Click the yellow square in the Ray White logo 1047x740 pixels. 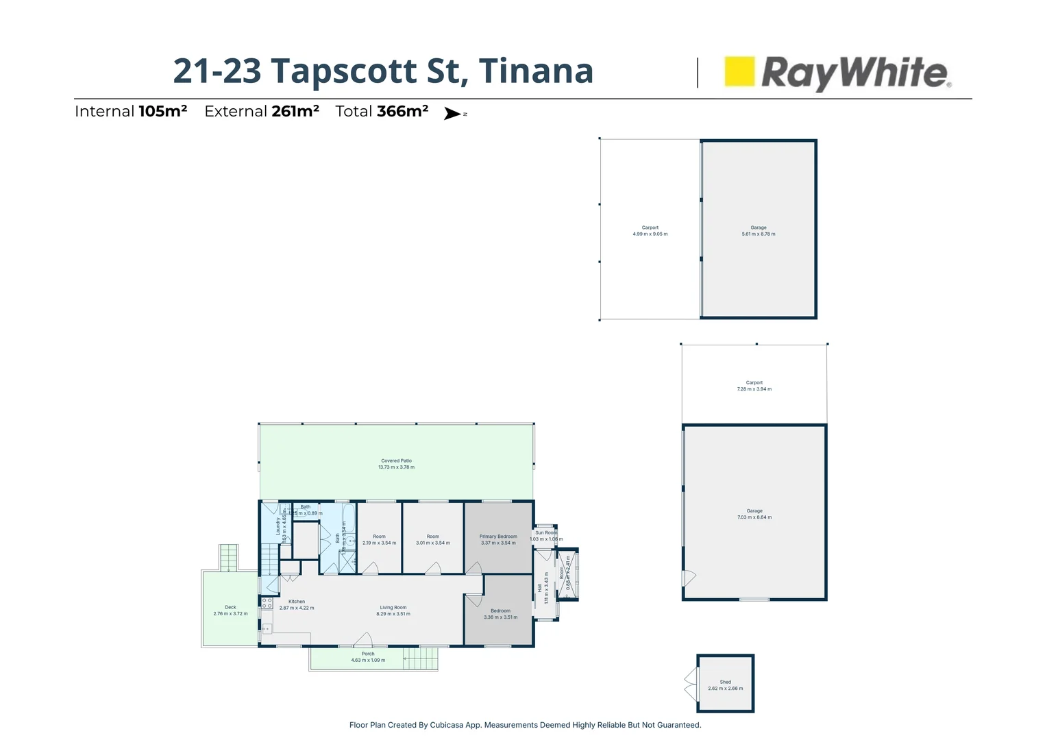click(x=739, y=71)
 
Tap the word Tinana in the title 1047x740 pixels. click(x=535, y=71)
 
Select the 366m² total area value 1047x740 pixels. click(x=402, y=112)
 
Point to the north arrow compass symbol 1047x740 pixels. click(x=454, y=114)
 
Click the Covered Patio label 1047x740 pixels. click(x=396, y=461)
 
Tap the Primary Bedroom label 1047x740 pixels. click(x=498, y=536)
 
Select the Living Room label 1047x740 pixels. click(x=393, y=608)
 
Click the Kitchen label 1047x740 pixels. click(x=297, y=602)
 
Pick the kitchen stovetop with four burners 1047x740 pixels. click(x=267, y=603)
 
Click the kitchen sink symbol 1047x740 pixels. click(x=267, y=628)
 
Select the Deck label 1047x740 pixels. click(x=230, y=607)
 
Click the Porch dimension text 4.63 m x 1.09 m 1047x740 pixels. click(x=368, y=661)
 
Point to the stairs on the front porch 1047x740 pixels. click(x=420, y=659)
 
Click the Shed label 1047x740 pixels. click(x=726, y=682)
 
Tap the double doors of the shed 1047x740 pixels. click(x=691, y=684)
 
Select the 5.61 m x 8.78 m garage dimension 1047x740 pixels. click(x=759, y=234)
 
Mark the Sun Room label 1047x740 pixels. click(x=546, y=532)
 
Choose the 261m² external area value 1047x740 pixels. click(x=295, y=112)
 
